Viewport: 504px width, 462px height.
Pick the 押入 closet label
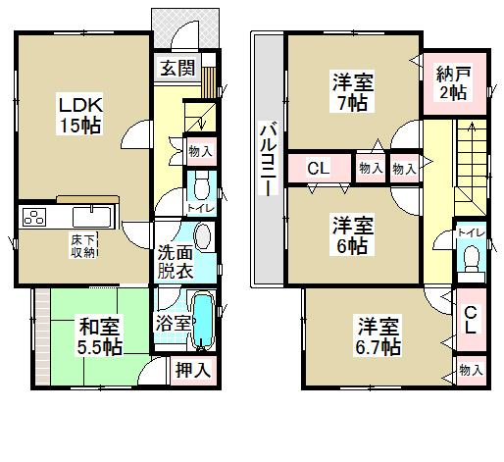(x=192, y=369)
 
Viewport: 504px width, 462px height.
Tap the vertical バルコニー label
(x=266, y=158)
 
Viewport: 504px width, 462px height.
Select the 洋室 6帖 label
(x=349, y=234)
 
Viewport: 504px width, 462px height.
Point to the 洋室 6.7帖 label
(x=378, y=334)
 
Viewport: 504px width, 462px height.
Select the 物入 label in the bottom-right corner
(x=471, y=370)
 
